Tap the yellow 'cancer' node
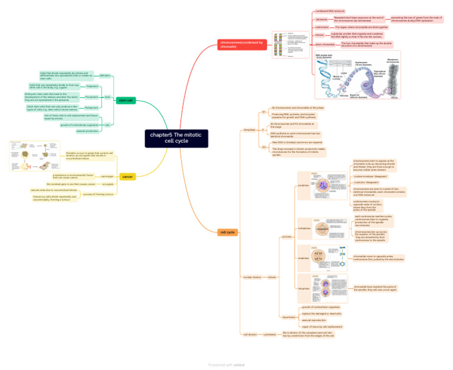pos(127,176)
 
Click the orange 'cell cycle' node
pos(228,233)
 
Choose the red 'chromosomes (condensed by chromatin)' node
pos(242,45)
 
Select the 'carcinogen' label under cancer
pos(107,176)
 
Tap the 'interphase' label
pos(250,129)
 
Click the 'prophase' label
pos(304,185)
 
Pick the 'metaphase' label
pos(304,228)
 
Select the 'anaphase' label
pos(304,258)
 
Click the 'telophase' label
pos(304,289)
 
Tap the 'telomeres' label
pos(321,19)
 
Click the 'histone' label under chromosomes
pos(319,35)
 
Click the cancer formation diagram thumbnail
pos(35,156)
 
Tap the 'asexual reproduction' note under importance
pos(314,320)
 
